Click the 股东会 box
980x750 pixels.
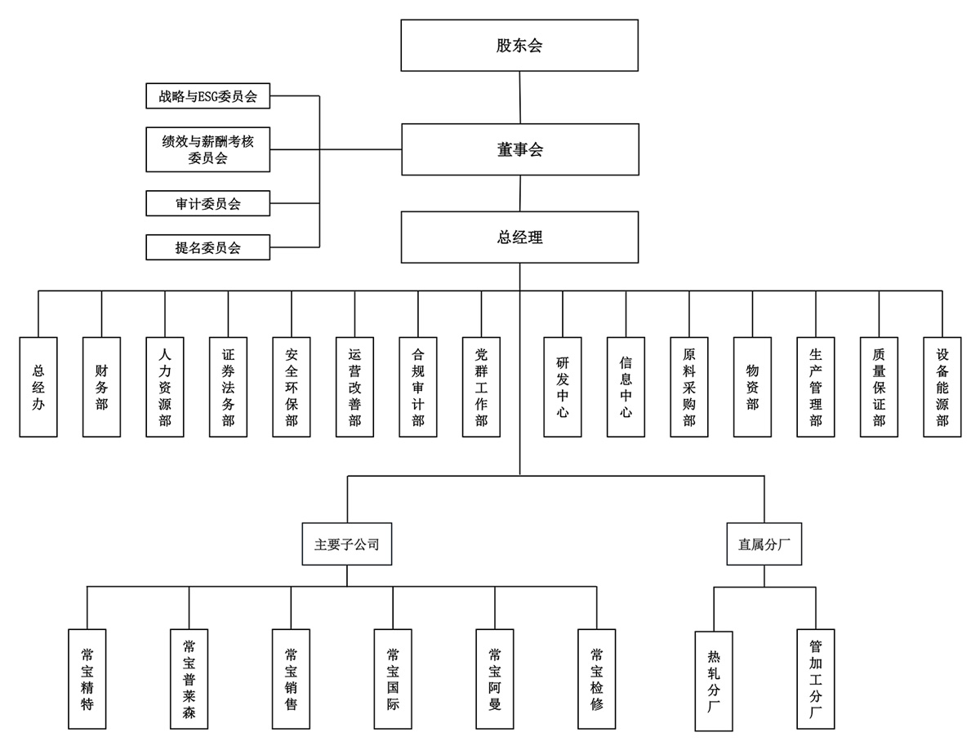pyautogui.click(x=519, y=46)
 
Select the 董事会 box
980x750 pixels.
pyautogui.click(x=519, y=149)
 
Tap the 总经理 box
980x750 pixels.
pyautogui.click(x=519, y=237)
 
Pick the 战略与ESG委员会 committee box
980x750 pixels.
pyautogui.click(x=208, y=96)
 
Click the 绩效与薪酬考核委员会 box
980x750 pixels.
pyautogui.click(x=208, y=149)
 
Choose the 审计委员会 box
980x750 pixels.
pyautogui.click(x=208, y=203)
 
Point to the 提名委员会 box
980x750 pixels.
pyautogui.click(x=208, y=247)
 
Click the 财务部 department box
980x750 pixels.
pyautogui.click(x=101, y=387)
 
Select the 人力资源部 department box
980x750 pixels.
pyautogui.click(x=165, y=387)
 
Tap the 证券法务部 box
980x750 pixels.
pyautogui.click(x=228, y=387)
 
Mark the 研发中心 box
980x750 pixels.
pyautogui.click(x=563, y=387)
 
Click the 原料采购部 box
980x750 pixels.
pyautogui.click(x=689, y=387)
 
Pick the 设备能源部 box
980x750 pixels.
pyautogui.click(x=942, y=387)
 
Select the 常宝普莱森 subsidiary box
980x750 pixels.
pyautogui.click(x=189, y=679)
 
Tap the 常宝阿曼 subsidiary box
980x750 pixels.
pyautogui.click(x=494, y=679)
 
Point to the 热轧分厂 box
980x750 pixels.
pyautogui.click(x=714, y=681)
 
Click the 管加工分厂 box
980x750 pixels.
pyautogui.click(x=815, y=679)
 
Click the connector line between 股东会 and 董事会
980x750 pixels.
pyautogui.click(x=519, y=97)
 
